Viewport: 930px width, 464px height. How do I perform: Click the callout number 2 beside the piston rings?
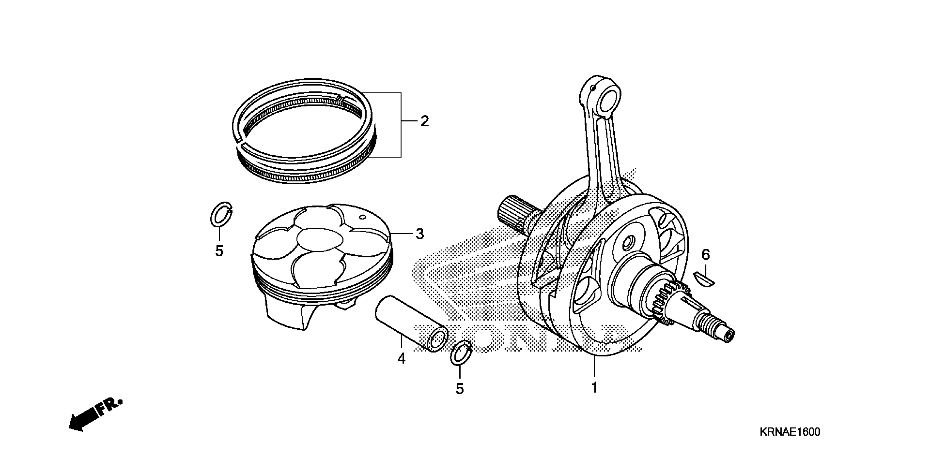[425, 121]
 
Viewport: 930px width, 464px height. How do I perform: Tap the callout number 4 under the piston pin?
[401, 358]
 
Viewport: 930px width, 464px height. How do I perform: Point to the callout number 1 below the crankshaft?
[594, 388]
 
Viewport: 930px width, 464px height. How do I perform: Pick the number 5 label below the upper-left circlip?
[219, 251]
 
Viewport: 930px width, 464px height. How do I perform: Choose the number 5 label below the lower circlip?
[459, 389]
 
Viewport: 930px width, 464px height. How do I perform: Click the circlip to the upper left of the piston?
[221, 215]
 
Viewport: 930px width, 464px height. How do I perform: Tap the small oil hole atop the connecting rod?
[592, 88]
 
